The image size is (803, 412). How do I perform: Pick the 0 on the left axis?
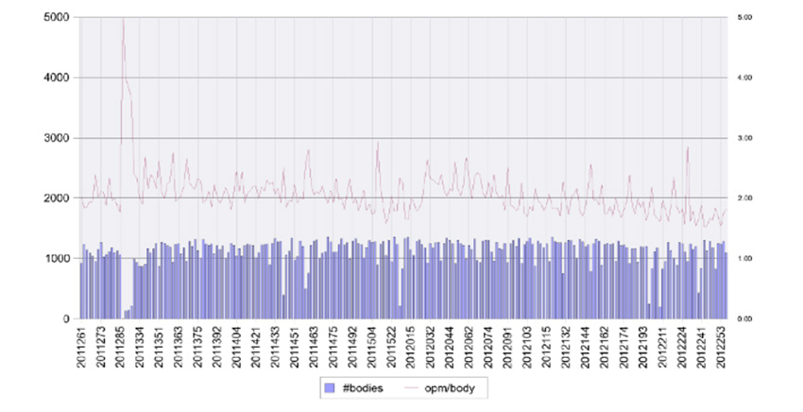[x=63, y=318]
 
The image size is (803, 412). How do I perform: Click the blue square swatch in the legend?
[x=330, y=387]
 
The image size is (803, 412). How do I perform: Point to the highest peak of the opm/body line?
[x=124, y=20]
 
